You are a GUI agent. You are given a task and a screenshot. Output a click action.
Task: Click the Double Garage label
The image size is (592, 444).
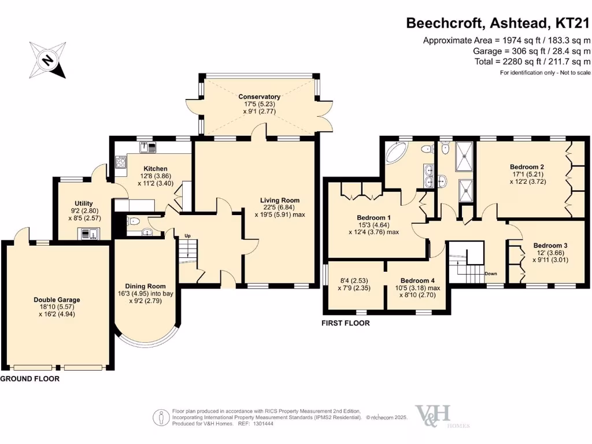(57, 299)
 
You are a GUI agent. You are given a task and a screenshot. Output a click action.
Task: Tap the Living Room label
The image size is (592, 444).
(279, 201)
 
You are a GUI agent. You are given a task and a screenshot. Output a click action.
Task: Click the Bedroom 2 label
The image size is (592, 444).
(527, 167)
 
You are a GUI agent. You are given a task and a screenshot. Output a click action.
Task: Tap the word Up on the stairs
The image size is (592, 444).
(187, 236)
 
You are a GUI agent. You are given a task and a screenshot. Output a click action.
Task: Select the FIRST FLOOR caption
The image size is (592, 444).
(346, 323)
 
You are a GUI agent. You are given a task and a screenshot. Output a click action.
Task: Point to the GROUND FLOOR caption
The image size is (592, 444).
(29, 379)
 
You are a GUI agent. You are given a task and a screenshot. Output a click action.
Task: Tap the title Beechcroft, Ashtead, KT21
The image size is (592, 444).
(498, 23)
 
